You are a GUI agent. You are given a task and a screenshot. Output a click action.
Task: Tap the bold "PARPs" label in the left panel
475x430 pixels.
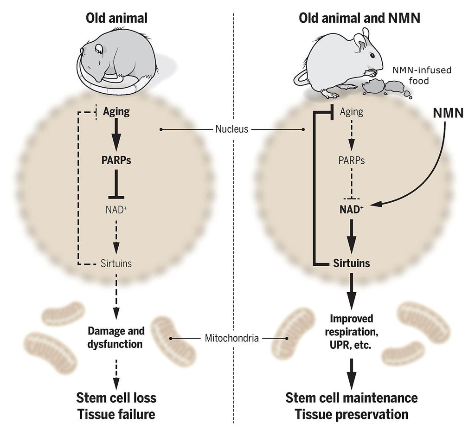116,160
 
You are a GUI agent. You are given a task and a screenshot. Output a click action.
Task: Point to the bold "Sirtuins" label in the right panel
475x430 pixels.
352,263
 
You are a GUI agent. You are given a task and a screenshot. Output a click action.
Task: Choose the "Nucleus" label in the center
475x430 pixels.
232,129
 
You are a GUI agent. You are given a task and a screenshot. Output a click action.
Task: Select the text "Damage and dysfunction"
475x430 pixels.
116,338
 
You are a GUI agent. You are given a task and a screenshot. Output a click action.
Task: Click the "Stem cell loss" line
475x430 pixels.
116,398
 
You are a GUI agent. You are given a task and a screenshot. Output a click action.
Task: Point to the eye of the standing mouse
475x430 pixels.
373,55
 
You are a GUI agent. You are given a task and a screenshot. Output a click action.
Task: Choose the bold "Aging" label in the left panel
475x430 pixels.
116,111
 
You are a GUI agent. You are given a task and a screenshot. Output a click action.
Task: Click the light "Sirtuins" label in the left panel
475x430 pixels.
116,263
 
